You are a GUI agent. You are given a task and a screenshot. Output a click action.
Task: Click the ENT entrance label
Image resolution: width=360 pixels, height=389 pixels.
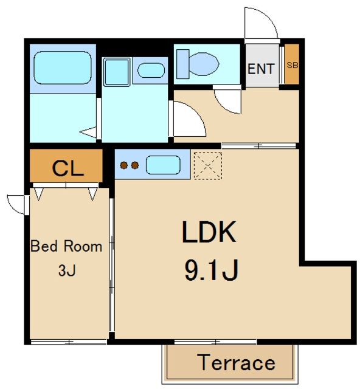click(261, 69)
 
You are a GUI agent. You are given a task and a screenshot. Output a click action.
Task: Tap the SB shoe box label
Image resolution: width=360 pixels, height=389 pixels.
click(292, 65)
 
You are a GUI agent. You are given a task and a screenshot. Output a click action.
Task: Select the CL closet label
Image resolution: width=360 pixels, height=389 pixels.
click(67, 168)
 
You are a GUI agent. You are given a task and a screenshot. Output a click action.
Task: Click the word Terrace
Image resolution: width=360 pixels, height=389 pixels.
click(236, 363)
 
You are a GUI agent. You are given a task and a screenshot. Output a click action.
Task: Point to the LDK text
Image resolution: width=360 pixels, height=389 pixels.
click(209, 232)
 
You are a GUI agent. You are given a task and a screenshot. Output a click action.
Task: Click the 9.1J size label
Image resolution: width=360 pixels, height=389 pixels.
click(212, 270)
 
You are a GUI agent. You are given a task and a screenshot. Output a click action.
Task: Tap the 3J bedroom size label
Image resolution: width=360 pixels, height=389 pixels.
click(67, 270)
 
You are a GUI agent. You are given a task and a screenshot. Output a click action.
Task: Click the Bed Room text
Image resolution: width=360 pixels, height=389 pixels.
click(66, 246)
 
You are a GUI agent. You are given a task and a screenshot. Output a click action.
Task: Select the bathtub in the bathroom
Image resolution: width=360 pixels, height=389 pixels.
click(63, 67)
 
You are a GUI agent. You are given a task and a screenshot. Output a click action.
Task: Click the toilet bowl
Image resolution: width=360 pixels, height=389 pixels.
click(204, 64)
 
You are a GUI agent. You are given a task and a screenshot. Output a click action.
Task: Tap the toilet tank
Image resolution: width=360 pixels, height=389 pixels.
click(182, 64)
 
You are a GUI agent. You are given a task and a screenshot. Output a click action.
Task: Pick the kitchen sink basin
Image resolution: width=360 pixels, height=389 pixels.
click(163, 165)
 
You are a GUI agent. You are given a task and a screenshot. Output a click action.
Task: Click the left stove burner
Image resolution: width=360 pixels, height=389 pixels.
click(124, 165)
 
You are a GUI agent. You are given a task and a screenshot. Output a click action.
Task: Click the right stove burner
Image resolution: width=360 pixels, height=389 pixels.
click(135, 165)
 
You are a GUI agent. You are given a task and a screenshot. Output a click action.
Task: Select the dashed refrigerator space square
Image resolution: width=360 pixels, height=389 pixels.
click(208, 166)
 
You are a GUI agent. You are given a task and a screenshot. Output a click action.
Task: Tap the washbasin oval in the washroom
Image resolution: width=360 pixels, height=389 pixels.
click(151, 71)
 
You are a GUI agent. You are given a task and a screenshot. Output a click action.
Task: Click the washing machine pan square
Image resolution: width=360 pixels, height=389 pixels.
click(116, 72)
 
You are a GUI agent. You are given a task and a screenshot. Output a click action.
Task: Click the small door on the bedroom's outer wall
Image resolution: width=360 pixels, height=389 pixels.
click(18, 205)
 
